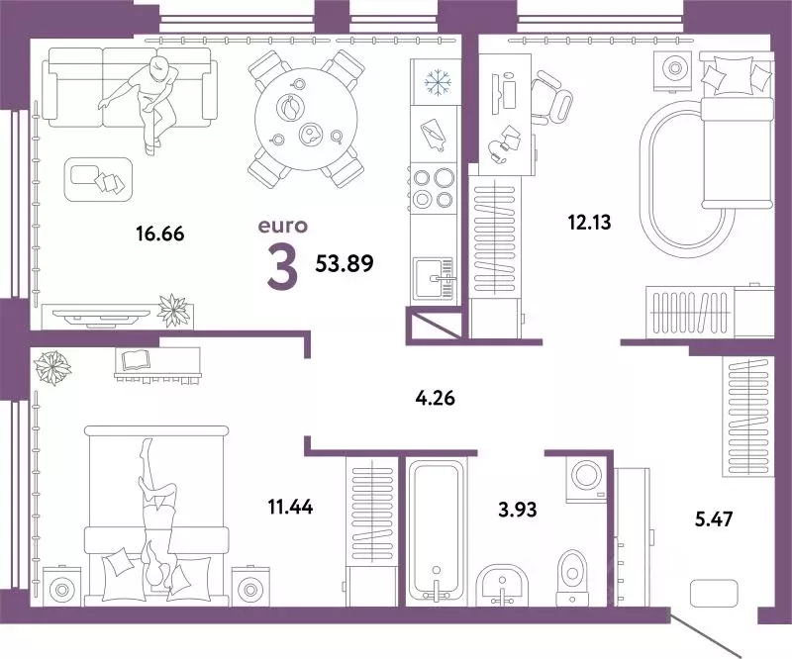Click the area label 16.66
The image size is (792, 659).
[x=159, y=235]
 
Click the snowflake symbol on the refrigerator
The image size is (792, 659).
[x=436, y=81]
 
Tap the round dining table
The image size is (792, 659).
[x=303, y=119]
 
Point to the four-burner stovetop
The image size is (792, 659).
[x=433, y=187]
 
